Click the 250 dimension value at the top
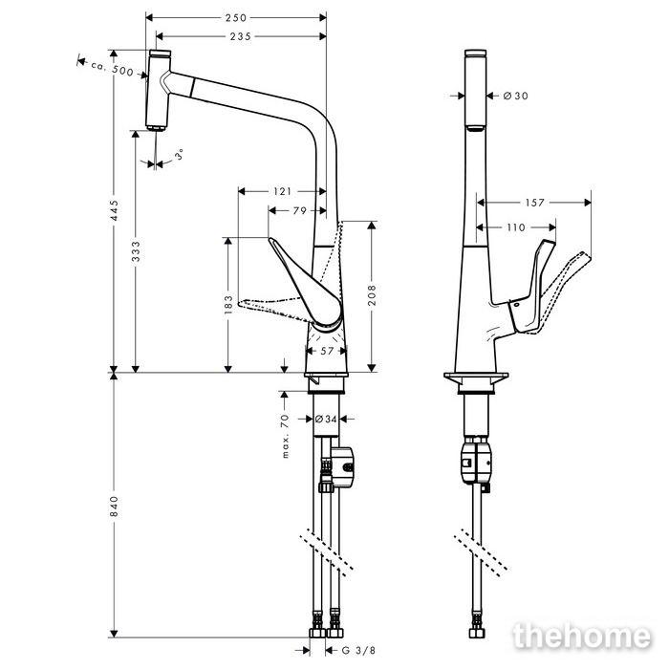pyautogui.click(x=236, y=17)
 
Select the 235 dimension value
pyautogui.click(x=241, y=36)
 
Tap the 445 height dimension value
pyautogui.click(x=114, y=210)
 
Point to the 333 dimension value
pyautogui.click(x=136, y=251)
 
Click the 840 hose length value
pyautogui.click(x=114, y=506)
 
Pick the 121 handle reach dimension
pyautogui.click(x=282, y=191)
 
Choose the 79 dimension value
pyautogui.click(x=300, y=210)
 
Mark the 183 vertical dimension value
pyautogui.click(x=228, y=304)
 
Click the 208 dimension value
pyautogui.click(x=372, y=295)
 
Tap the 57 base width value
pyautogui.click(x=327, y=351)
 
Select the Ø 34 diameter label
pyautogui.click(x=326, y=419)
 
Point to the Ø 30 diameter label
pyautogui.click(x=516, y=96)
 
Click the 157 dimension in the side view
pyautogui.click(x=534, y=203)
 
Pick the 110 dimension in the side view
pyautogui.click(x=516, y=227)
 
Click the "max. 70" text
pyautogui.click(x=285, y=436)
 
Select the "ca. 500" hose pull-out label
pyautogui.click(x=112, y=68)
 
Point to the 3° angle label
pyautogui.click(x=181, y=154)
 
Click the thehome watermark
pyautogui.click(x=583, y=637)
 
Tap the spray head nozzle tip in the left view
pyautogui.click(x=156, y=127)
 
